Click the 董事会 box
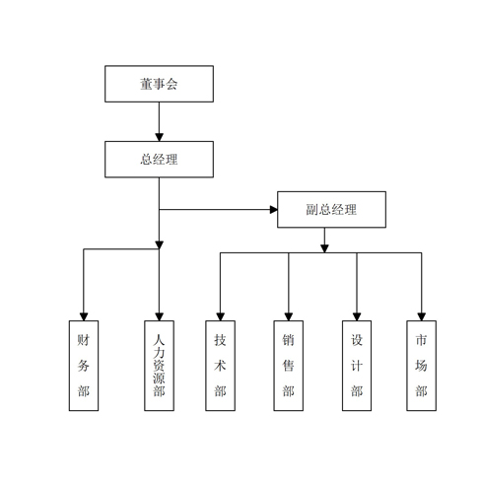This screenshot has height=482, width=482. [x=159, y=84]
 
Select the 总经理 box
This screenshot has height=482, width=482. [x=159, y=160]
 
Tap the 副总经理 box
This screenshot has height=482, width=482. [x=331, y=209]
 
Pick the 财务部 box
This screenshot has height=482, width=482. [x=84, y=366]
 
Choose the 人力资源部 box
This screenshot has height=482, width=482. [x=159, y=366]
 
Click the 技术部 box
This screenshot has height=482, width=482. [x=220, y=366]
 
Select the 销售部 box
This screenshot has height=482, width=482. [x=289, y=366]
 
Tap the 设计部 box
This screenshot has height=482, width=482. [x=357, y=366]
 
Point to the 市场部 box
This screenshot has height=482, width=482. [x=422, y=366]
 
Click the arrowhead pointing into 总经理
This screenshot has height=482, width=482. [x=159, y=137]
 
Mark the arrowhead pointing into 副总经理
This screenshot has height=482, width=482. [x=273, y=209]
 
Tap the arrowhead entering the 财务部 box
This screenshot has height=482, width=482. [x=84, y=316]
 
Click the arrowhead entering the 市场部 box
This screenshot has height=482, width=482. [x=422, y=316]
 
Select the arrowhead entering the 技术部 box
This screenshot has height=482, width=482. [x=221, y=316]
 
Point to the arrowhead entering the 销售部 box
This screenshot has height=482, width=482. [x=289, y=316]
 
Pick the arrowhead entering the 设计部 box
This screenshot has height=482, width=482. [x=357, y=316]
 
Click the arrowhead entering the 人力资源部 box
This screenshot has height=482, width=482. [x=159, y=316]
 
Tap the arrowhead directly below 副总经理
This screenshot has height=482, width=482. [x=324, y=248]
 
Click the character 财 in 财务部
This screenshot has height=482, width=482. [x=84, y=340]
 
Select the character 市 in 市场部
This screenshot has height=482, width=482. [x=421, y=340]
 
